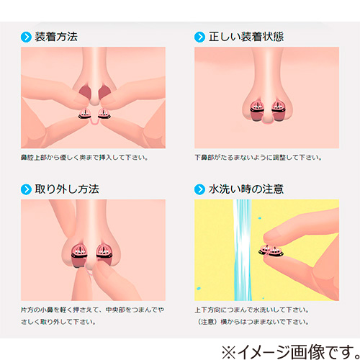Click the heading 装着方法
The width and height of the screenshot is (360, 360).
pyautogui.click(x=56, y=37)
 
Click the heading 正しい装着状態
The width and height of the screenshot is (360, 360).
pyautogui.click(x=246, y=37)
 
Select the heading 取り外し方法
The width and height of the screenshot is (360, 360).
pyautogui.click(x=67, y=189)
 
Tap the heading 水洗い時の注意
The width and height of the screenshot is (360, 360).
pyautogui.click(x=246, y=189)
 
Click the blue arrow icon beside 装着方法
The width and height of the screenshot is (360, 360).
pyautogui.click(x=26, y=37)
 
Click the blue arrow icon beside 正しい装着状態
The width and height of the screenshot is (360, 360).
pyautogui.click(x=199, y=37)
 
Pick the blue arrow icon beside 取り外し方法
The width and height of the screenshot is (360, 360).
pyautogui.click(x=26, y=189)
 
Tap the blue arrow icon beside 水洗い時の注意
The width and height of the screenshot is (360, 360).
pyautogui.click(x=199, y=189)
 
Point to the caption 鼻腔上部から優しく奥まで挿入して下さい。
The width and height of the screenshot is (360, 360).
pyautogui.click(x=84, y=158)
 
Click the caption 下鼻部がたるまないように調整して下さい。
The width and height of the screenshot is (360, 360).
pyautogui.click(x=258, y=158)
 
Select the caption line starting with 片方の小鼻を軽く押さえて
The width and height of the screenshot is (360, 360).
pyautogui.click(x=93, y=310)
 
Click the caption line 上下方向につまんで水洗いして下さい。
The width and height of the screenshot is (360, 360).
pyautogui.click(x=252, y=310)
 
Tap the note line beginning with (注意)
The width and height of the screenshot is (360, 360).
pyautogui.click(x=253, y=322)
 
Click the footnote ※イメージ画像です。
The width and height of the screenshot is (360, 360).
pyautogui.click(x=290, y=352)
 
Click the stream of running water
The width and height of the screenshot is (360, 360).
pyautogui.click(x=243, y=250)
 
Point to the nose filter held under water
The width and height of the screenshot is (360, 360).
pyautogui.click(x=271, y=251)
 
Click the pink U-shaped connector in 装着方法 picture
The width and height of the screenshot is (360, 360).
pyautogui.click(x=94, y=122)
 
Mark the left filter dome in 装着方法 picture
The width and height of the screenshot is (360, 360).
pyautogui.click(x=85, y=113)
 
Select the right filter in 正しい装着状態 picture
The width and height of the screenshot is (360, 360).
pyautogui.click(x=279, y=111)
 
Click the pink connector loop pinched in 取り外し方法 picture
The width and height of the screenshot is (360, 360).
pyautogui.click(x=89, y=272)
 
